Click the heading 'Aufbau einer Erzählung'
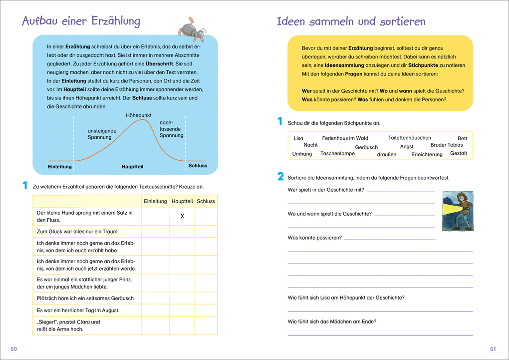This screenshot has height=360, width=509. pos(81,21)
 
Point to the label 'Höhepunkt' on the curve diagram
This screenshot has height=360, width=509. pos(139,115)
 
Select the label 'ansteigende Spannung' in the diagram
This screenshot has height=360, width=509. pos(102,134)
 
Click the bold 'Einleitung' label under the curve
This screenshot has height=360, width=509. pos(60,166)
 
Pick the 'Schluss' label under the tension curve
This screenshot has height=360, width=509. pos(198,166)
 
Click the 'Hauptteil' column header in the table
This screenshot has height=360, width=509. pos(182,201)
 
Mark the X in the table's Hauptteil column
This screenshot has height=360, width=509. pos(182,216)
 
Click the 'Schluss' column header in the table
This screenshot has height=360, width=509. pos(206,201)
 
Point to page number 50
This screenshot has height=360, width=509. pos(14,349)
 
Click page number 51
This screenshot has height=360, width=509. pos(493,349)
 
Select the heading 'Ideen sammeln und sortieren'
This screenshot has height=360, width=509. pos(351,21)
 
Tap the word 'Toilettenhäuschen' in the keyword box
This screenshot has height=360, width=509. pos(410,138)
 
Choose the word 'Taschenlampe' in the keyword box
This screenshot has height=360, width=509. pos(337,153)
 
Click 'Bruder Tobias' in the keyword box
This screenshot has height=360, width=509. pos(446,145)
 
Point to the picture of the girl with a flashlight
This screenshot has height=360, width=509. pos(457,211)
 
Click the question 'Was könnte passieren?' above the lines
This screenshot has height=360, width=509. pos(315,238)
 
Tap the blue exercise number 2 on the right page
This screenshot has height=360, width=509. pos(280,176)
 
